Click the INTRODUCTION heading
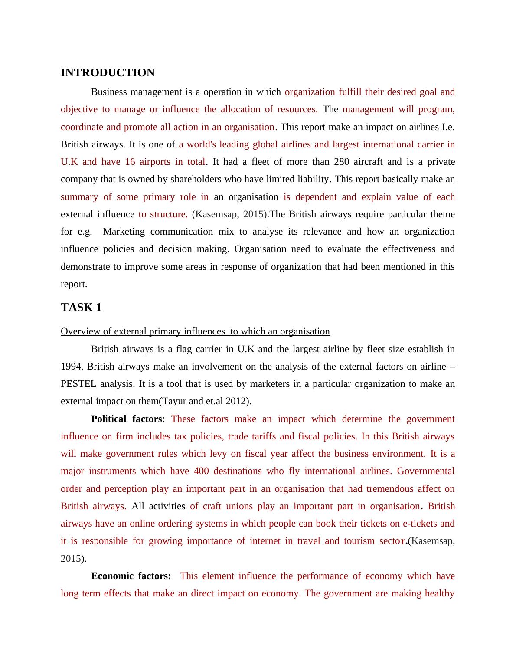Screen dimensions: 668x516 pyautogui.click(x=108, y=73)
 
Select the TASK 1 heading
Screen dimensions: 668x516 pyautogui.click(x=81, y=308)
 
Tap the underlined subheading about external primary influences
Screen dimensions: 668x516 pyautogui.click(x=195, y=331)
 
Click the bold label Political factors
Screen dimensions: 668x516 pyautogui.click(x=126, y=419)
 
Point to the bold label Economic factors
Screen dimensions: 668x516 pyautogui.click(x=131, y=576)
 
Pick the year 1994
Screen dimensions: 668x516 pyautogui.click(x=71, y=367)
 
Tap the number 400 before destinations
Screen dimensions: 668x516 pyautogui.click(x=201, y=471)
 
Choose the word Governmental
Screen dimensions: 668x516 pyautogui.click(x=425, y=471)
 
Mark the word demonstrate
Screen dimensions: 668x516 pyautogui.click(x=85, y=267)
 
